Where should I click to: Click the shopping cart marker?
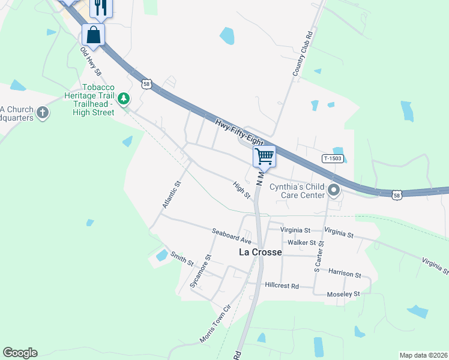[264, 157]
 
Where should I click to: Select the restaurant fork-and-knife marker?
[100, 7]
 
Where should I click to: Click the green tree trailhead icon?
[124, 98]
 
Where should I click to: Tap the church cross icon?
[43, 112]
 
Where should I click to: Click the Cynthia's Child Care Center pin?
[334, 192]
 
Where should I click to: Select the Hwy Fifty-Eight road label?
[240, 132]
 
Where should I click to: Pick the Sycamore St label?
[201, 272]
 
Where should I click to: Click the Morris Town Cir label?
[215, 325]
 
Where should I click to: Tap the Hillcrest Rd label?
[282, 286]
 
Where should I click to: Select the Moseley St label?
[343, 294]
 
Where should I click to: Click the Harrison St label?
[345, 273]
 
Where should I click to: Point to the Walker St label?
[301, 242]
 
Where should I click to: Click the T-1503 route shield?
[333, 158]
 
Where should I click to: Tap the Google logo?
[20, 353]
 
